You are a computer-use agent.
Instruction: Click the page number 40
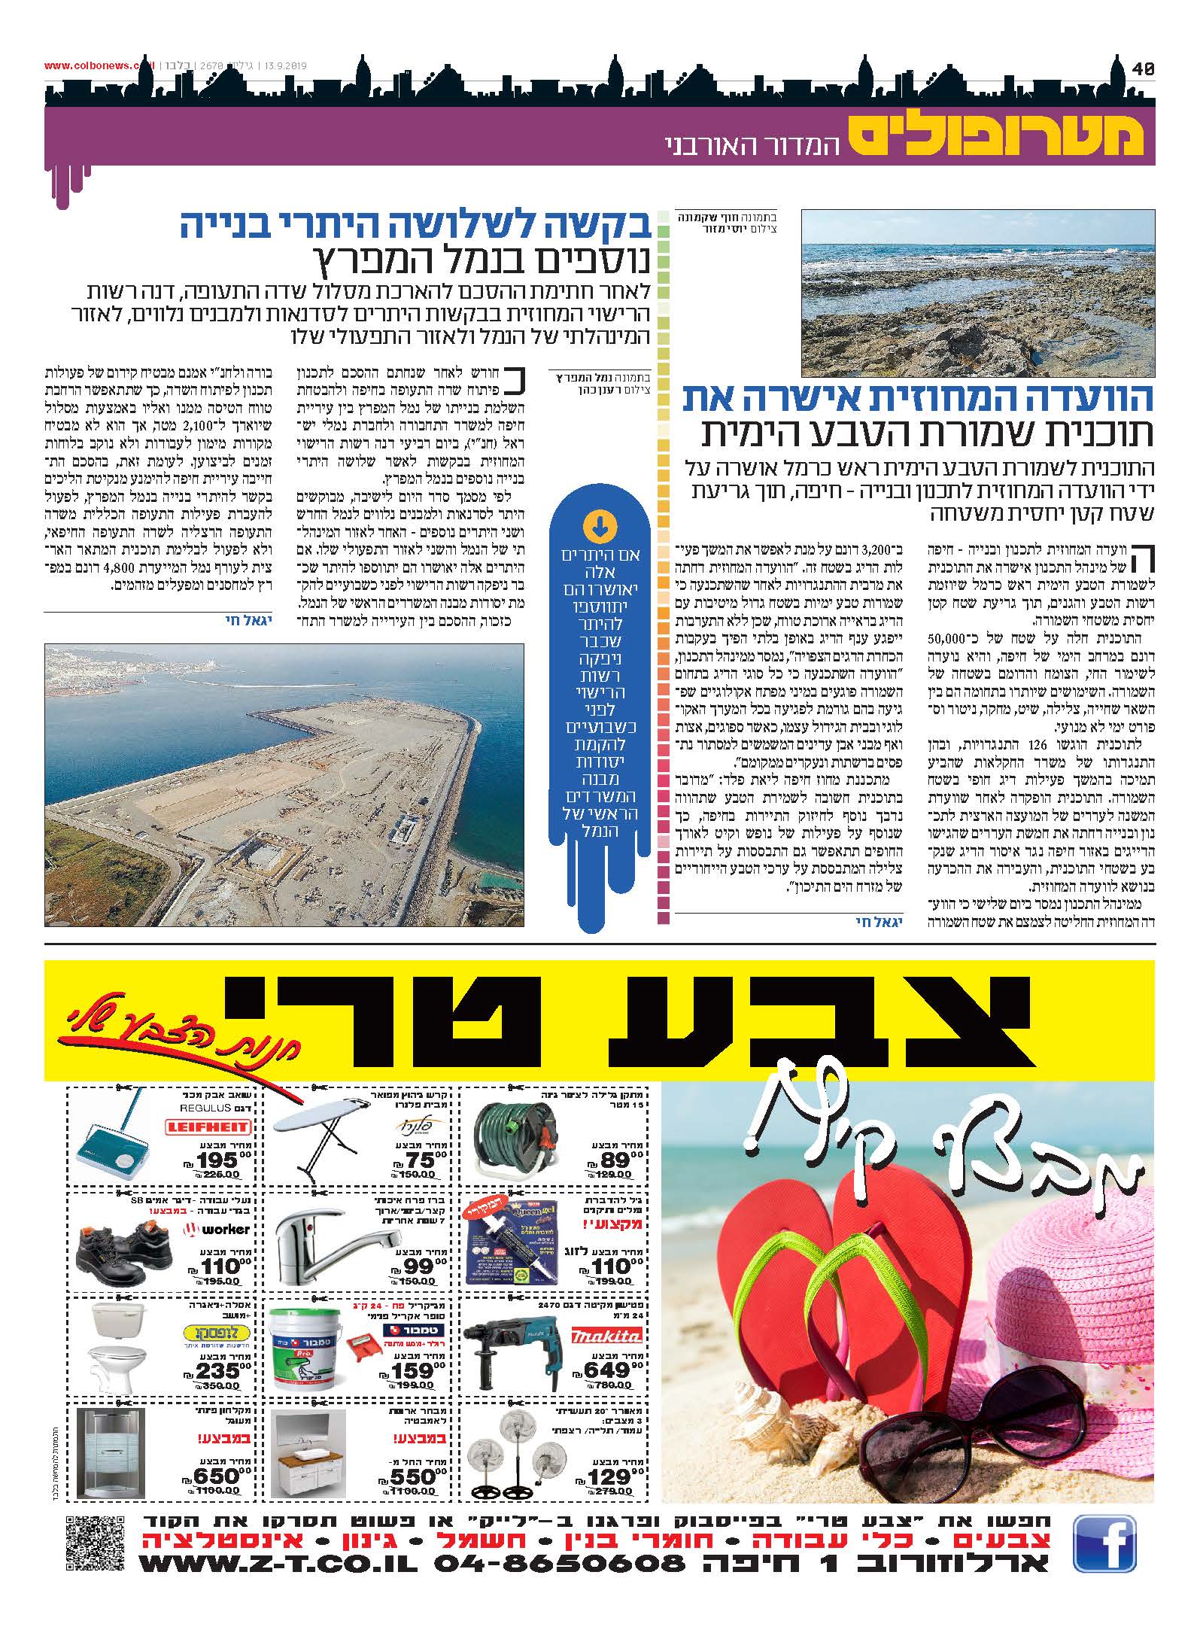1143,68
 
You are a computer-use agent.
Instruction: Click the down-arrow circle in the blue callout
600,528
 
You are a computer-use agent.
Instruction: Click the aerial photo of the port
284,784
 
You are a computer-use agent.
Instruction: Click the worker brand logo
218,1230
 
